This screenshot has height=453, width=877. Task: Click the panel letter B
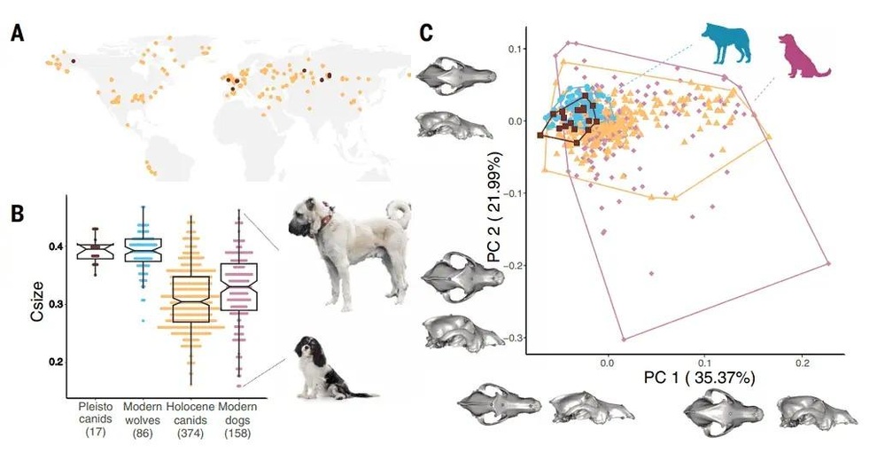click(17, 215)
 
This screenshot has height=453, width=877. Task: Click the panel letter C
click(426, 34)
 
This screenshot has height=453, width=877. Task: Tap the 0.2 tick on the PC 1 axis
click(803, 363)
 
